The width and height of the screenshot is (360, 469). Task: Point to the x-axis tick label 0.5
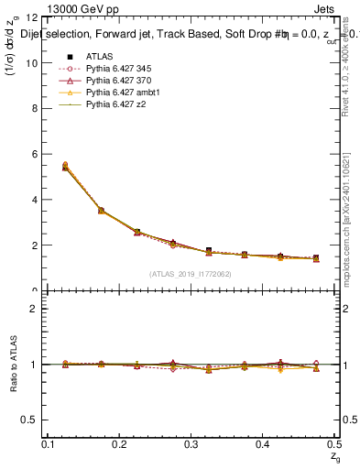[x=336, y=444]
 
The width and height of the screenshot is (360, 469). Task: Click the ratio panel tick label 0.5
[x=29, y=420]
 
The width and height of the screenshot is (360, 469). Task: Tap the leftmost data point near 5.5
[x=64, y=166]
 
